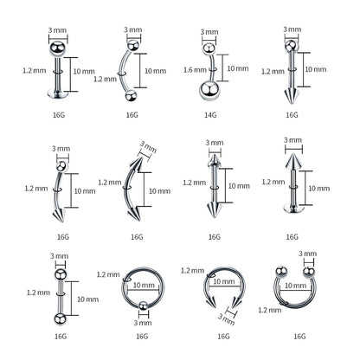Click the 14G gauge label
[x=208, y=113]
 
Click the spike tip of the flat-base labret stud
[x=292, y=162]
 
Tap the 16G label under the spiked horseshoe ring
[x=222, y=334]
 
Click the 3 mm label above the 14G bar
[x=209, y=33]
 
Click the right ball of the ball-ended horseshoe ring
[x=305, y=271]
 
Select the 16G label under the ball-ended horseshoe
[x=299, y=334]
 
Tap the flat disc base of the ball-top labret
[x=58, y=94]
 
